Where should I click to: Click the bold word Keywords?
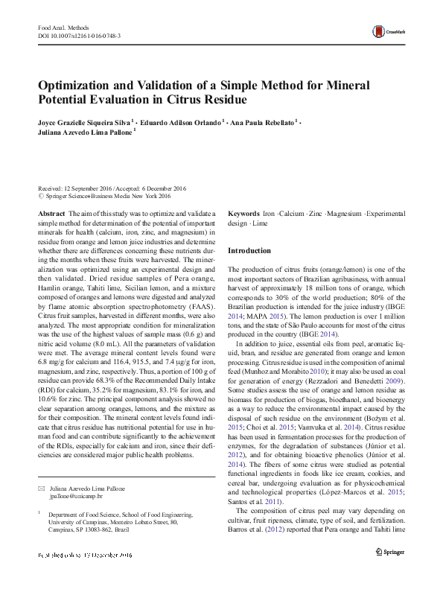[x=243, y=214]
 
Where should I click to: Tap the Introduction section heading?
[x=249, y=251]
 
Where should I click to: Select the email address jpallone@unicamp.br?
[x=75, y=495]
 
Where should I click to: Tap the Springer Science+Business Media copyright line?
[x=107, y=197]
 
